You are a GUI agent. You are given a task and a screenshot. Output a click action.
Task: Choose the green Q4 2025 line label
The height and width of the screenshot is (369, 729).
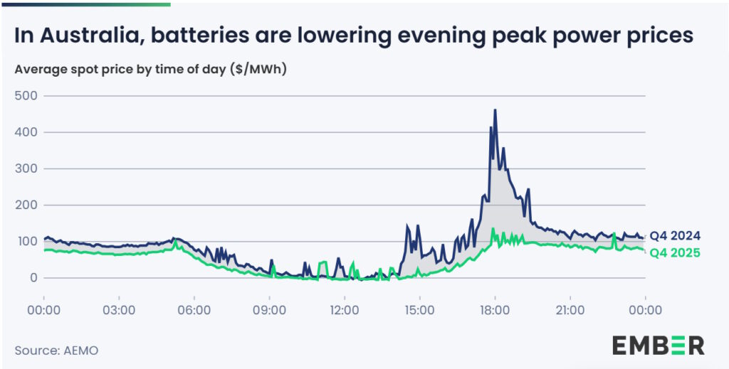pos(676,253)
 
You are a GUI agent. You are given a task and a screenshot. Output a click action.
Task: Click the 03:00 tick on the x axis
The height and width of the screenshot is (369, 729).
pos(119,310)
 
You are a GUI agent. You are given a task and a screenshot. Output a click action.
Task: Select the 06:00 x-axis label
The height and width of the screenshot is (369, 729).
pos(194,310)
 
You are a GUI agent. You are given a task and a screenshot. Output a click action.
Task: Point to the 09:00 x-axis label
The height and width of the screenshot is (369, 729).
pos(269,310)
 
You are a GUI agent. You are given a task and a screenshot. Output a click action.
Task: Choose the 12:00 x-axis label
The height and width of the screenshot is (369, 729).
pos(345,310)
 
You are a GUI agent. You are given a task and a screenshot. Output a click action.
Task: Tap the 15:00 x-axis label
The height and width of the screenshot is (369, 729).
pos(419,310)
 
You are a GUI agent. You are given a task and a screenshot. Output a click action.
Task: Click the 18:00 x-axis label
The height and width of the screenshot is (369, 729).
pos(495,310)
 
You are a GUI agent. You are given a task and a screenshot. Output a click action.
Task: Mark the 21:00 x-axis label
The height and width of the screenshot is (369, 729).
pos(570,310)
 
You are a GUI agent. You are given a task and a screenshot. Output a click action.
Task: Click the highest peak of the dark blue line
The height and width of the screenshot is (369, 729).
pos(495,110)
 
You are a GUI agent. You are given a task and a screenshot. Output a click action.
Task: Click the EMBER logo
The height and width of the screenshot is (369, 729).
pos(658,345)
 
